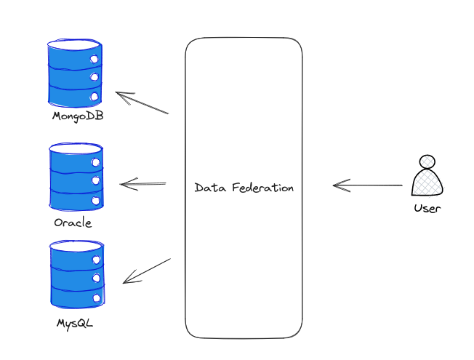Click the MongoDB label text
(78, 116)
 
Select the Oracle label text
(73, 223)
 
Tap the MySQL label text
(75, 324)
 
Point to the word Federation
(263, 188)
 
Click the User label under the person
(427, 208)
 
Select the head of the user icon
(427, 161)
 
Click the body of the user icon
(427, 182)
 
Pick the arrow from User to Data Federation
(368, 185)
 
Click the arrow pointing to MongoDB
(142, 103)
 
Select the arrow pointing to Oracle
(143, 184)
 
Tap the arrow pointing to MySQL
(147, 271)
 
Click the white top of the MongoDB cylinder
(74, 44)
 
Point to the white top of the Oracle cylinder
(76, 148)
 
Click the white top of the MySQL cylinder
(77, 246)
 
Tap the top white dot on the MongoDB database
(95, 59)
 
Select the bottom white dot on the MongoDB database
(95, 97)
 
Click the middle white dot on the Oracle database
(96, 180)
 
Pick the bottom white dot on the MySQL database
(97, 298)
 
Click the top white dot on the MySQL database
(97, 260)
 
